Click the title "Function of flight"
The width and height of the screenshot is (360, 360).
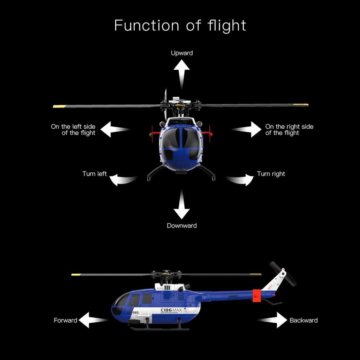(180, 26)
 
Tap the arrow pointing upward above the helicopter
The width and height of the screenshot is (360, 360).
(181, 72)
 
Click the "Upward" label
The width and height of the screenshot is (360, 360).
(182, 53)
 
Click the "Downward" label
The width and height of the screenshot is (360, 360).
(181, 226)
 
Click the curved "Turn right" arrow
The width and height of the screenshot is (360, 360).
(241, 180)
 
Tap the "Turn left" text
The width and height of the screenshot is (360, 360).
(94, 174)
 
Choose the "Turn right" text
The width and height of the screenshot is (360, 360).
(271, 174)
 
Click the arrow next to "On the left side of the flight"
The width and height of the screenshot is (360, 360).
(114, 129)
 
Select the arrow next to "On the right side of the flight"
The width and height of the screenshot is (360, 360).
(248, 129)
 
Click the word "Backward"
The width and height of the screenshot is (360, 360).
(303, 320)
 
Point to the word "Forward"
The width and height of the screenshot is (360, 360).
(65, 320)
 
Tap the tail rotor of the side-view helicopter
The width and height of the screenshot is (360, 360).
(283, 273)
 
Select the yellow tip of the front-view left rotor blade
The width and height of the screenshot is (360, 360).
(60, 106)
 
